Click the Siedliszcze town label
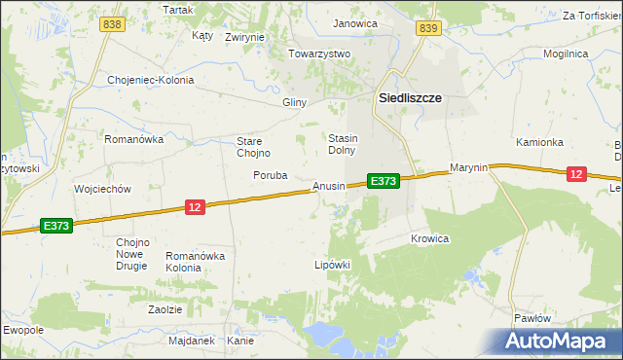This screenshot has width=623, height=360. pyautogui.click(x=410, y=98)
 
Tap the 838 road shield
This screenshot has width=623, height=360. pyautogui.click(x=112, y=24)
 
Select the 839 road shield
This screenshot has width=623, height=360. pyautogui.click(x=428, y=29)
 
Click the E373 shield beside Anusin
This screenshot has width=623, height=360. pyautogui.click(x=383, y=181)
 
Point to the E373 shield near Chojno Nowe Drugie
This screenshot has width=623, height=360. pyautogui.click(x=57, y=226)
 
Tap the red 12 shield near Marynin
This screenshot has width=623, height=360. pyautogui.click(x=576, y=173)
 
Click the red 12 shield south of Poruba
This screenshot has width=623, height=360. pyautogui.click(x=195, y=206)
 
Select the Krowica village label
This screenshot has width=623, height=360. pyautogui.click(x=429, y=238)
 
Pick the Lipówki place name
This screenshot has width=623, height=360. pyautogui.click(x=331, y=264)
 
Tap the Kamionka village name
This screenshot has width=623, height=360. pyautogui.click(x=539, y=142)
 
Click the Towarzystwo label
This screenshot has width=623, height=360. pyautogui.click(x=318, y=54)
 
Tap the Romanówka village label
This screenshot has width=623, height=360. pyautogui.click(x=133, y=139)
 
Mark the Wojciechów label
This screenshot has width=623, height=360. pyautogui.click(x=102, y=189)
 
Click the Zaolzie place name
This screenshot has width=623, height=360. pyautogui.click(x=165, y=308)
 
